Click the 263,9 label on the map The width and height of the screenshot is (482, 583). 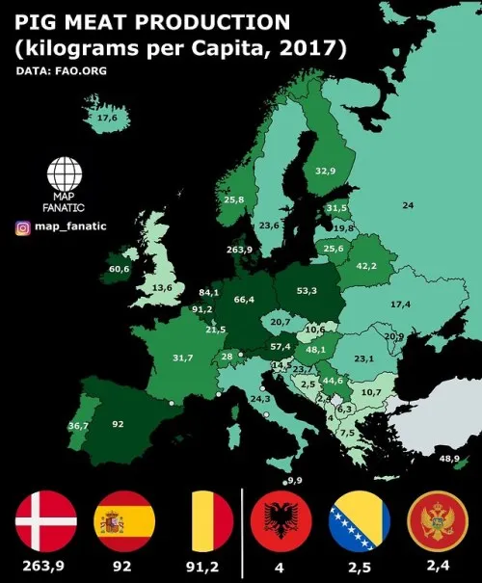coord(239,250)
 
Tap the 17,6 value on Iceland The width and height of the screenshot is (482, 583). coord(106,118)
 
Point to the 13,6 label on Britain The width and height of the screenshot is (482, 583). coord(162,287)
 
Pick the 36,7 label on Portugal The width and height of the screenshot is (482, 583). coord(78,425)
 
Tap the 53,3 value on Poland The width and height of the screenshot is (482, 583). coord(308,290)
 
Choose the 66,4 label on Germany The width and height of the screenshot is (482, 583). coord(244,300)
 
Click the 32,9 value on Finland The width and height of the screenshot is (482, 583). coord(326,171)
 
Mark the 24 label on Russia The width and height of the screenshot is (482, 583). coord(408,205)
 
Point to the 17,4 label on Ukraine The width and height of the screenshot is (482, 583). coord(401,304)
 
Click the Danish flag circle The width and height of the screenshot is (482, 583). coord(45,522)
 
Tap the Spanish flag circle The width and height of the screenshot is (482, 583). coord(123,522)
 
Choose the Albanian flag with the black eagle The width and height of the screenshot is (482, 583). coord(281,522)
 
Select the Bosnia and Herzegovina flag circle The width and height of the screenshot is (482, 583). coord(360,522)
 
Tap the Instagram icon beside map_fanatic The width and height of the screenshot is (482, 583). coord(22,228)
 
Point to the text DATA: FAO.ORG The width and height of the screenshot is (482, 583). coord(61,70)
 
